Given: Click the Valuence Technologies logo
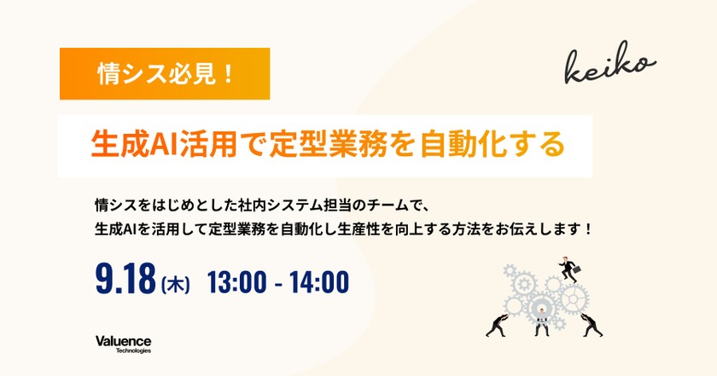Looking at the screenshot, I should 123,344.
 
